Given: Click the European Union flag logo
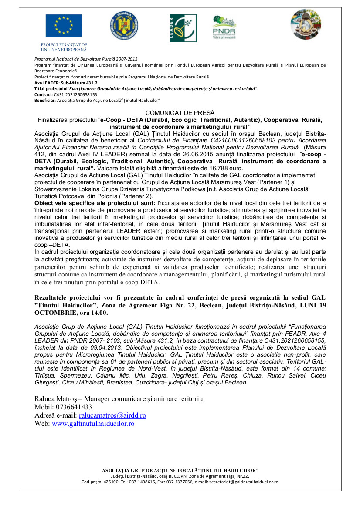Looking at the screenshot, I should tap(64, 25).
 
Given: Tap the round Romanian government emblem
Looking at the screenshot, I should tap(124, 25).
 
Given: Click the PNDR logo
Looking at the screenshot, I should tap(224, 28).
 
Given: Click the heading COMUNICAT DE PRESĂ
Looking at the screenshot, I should tap(180, 113).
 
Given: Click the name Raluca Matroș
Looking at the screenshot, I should tap(57, 399).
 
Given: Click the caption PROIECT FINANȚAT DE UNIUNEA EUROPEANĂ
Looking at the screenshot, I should tap(64, 47).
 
